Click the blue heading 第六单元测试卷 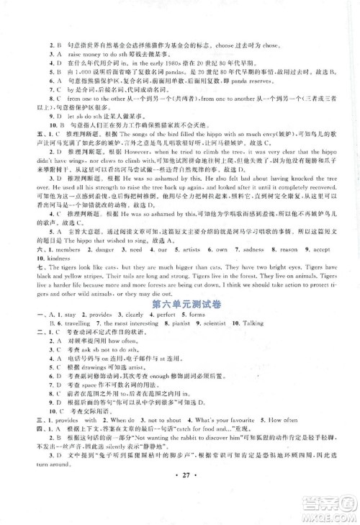[x=180, y=305]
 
